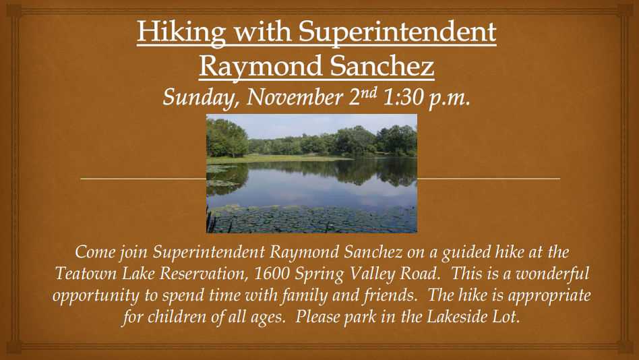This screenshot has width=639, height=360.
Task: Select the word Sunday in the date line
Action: pos(199,98)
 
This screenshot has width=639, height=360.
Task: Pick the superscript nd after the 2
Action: pos(368,92)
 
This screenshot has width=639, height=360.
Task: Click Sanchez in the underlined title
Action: pos(382,67)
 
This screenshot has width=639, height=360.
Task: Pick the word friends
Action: pos(390,295)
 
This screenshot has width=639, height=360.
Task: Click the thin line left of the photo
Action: pos(144,179)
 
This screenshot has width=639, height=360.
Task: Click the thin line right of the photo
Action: pos(489,179)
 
